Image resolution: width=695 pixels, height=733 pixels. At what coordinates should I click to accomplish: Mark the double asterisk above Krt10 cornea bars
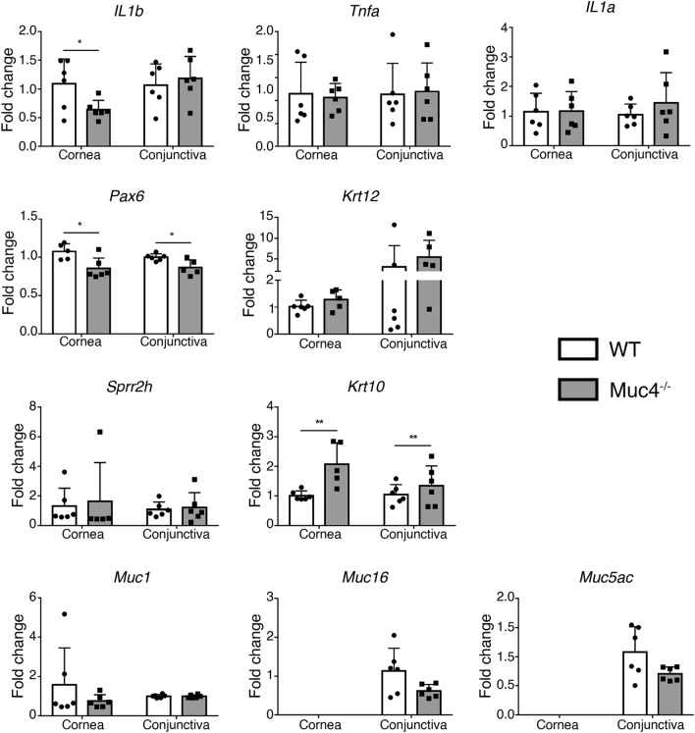[294, 424]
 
